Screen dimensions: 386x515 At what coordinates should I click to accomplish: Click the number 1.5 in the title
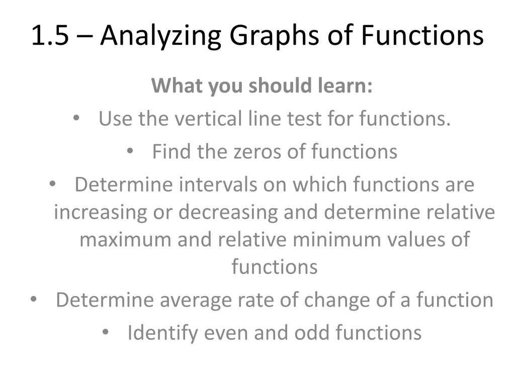coord(49,36)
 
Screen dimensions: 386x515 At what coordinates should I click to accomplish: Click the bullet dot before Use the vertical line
coord(77,120)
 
